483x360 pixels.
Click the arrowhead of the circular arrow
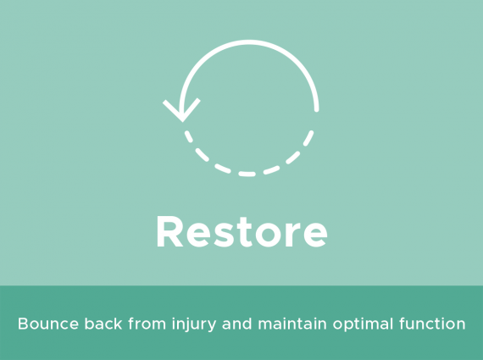tap(182, 115)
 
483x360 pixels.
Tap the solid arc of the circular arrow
tap(249, 42)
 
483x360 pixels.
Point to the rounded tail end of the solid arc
tap(316, 109)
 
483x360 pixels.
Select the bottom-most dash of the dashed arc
tap(247, 174)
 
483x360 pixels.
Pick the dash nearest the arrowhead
tap(188, 136)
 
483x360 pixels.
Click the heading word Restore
tap(242, 231)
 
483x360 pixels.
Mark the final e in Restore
tap(315, 235)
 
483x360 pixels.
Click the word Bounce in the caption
tap(48, 324)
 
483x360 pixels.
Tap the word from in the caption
tap(147, 324)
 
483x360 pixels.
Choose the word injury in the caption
tap(194, 325)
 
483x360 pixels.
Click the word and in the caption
tap(237, 324)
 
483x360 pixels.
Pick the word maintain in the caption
tap(292, 324)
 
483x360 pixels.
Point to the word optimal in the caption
tap(363, 325)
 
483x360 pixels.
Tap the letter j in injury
tap(186, 325)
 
